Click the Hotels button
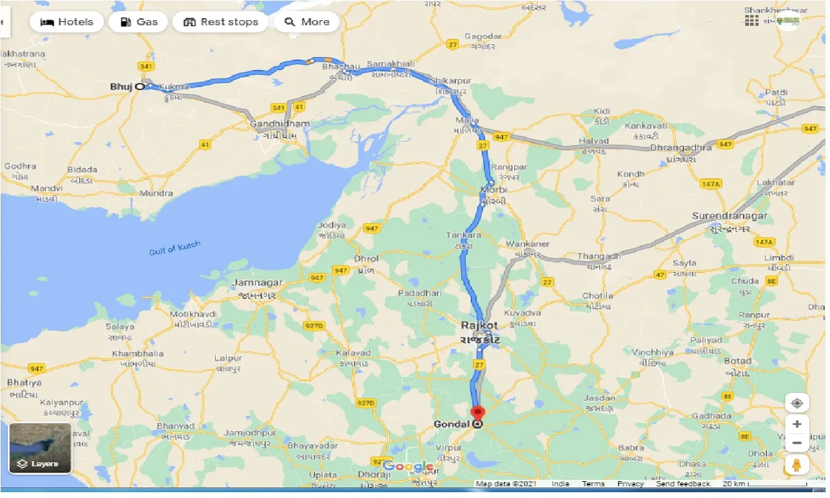click(x=66, y=22)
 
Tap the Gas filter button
click(x=138, y=22)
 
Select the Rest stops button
click(x=221, y=22)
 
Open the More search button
click(x=307, y=22)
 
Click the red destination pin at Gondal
click(x=478, y=412)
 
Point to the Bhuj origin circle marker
click(x=139, y=86)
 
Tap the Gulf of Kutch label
click(x=174, y=247)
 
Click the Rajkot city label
click(x=479, y=325)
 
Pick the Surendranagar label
click(x=729, y=216)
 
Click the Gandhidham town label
click(x=279, y=124)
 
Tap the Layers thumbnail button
click(x=40, y=448)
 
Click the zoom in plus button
click(x=797, y=424)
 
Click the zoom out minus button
click(x=797, y=444)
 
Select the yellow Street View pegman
click(x=797, y=464)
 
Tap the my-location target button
click(x=797, y=403)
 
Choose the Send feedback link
click(x=683, y=484)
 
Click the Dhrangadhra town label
click(x=681, y=148)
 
